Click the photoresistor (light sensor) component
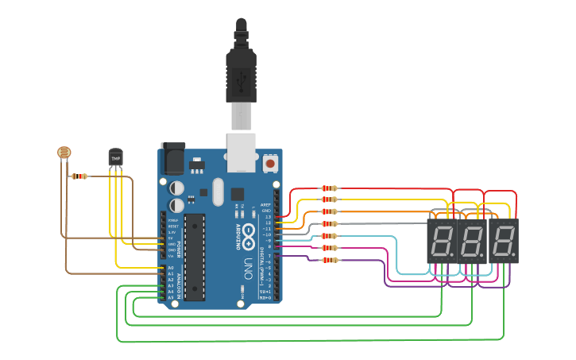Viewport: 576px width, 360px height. pyautogui.click(x=64, y=151)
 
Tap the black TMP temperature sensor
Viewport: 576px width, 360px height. pyautogui.click(x=116, y=158)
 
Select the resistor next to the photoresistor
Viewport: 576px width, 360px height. pyautogui.click(x=79, y=176)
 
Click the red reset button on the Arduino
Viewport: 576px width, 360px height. pyautogui.click(x=270, y=163)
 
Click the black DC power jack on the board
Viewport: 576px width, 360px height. pyautogui.click(x=172, y=160)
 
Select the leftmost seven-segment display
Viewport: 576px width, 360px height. pyautogui.click(x=442, y=242)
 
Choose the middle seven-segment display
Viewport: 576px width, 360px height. pyautogui.click(x=473, y=242)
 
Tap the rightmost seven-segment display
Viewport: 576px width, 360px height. pyautogui.click(x=504, y=242)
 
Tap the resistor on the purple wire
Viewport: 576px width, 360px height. pyautogui.click(x=329, y=260)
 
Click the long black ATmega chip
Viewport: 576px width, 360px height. pyautogui.click(x=195, y=257)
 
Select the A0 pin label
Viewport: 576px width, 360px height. pyautogui.click(x=170, y=268)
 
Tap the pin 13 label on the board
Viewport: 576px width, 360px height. pyautogui.click(x=268, y=216)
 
